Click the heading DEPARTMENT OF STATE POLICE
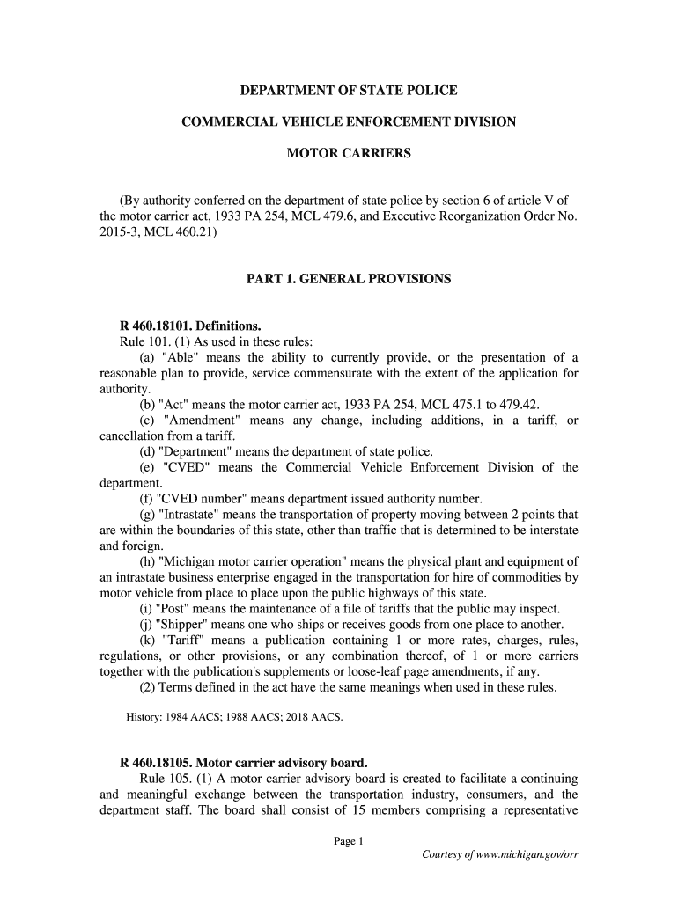350,91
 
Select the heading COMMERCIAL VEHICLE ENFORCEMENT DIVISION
349,122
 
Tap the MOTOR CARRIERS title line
350,154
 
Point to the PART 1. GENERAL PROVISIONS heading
349,279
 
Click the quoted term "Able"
180,357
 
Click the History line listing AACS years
234,717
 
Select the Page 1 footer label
349,842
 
